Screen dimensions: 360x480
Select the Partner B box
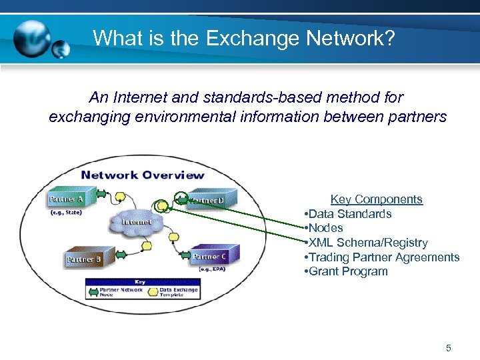83,258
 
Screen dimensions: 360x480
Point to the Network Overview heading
143,175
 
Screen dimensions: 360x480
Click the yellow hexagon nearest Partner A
121,199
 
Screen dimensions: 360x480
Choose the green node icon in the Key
94,291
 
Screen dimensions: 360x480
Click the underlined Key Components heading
376,199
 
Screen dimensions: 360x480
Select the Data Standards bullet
349,214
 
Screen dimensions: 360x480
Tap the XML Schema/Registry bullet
367,243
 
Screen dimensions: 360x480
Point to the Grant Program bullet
347,271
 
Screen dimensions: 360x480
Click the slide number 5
449,347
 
